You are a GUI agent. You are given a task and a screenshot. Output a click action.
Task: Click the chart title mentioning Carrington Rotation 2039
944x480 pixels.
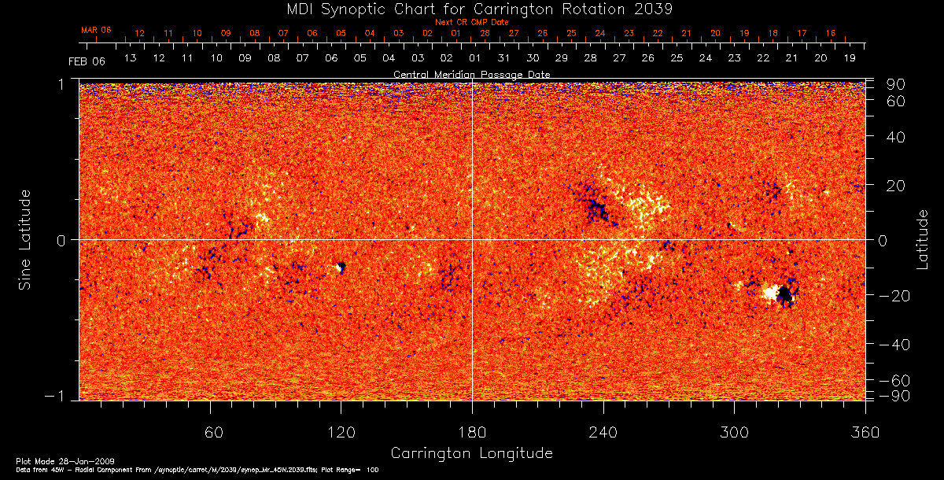pos(471,9)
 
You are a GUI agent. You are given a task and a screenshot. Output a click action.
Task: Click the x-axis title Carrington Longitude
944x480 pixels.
pos(471,453)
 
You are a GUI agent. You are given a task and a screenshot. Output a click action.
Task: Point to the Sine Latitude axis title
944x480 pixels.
pos(24,239)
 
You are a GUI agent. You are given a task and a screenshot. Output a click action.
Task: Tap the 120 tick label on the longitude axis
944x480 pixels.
pos(341,432)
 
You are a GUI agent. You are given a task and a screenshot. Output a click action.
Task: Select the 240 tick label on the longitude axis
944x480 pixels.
pos(603,432)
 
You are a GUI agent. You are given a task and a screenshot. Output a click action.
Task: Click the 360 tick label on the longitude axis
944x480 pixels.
pos(865,432)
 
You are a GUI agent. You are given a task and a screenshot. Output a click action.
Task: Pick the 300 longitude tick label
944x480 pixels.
pos(734,432)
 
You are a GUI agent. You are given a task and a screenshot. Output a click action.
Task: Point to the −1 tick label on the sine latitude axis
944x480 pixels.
pos(61,397)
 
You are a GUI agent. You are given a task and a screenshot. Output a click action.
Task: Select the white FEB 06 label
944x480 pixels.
pos(87,61)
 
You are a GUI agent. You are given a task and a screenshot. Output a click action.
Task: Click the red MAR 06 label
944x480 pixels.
pos(96,30)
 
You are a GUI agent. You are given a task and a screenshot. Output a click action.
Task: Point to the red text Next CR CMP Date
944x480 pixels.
pos(471,22)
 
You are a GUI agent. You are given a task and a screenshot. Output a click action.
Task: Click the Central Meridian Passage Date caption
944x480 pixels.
pos(471,74)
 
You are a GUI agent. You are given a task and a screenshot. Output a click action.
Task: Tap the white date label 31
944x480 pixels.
pos(503,59)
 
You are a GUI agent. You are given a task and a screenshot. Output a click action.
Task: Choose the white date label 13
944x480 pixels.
pos(130,59)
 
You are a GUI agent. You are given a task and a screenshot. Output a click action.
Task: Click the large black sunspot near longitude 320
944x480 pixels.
pos(784,295)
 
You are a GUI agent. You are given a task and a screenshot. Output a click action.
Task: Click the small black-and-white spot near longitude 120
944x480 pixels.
pos(341,268)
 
